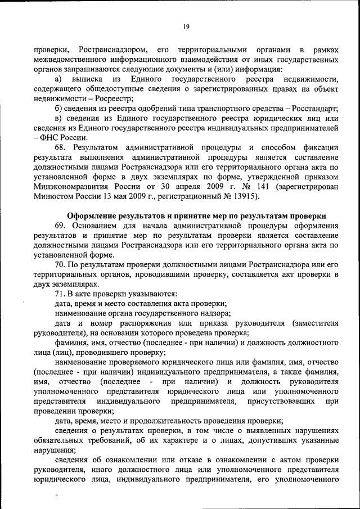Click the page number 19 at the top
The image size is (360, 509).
coord(185,26)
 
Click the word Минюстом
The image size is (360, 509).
coord(55,196)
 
